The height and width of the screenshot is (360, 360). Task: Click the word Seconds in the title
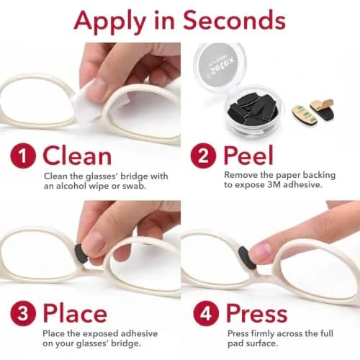click(234, 20)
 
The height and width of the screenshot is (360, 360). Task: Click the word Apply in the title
click(110, 22)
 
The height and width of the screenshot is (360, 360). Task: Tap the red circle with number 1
click(23, 156)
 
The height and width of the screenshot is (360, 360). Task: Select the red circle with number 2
click(203, 156)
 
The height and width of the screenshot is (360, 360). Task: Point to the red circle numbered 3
click(23, 313)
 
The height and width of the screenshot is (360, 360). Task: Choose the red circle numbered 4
click(206, 313)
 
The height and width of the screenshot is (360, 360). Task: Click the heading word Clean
click(77, 156)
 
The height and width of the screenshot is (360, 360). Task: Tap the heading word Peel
click(248, 155)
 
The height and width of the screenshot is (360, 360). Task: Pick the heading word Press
click(257, 312)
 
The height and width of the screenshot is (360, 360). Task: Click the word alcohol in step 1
click(71, 186)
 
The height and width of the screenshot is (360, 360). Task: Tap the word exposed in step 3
click(100, 334)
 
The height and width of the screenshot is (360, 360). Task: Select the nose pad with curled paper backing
click(323, 109)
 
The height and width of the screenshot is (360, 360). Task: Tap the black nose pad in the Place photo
click(81, 253)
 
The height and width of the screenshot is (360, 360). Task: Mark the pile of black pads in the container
click(253, 109)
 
